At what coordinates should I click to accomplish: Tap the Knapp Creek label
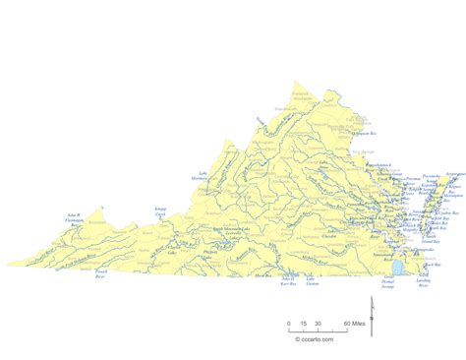(160, 212)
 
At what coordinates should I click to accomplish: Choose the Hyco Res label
(261, 277)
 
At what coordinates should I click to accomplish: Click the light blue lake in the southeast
(398, 269)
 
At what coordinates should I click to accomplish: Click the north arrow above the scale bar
(370, 310)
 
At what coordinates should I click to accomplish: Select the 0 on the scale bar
(289, 323)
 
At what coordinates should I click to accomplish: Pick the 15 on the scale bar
(304, 323)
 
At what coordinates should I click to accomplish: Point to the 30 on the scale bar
(320, 323)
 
